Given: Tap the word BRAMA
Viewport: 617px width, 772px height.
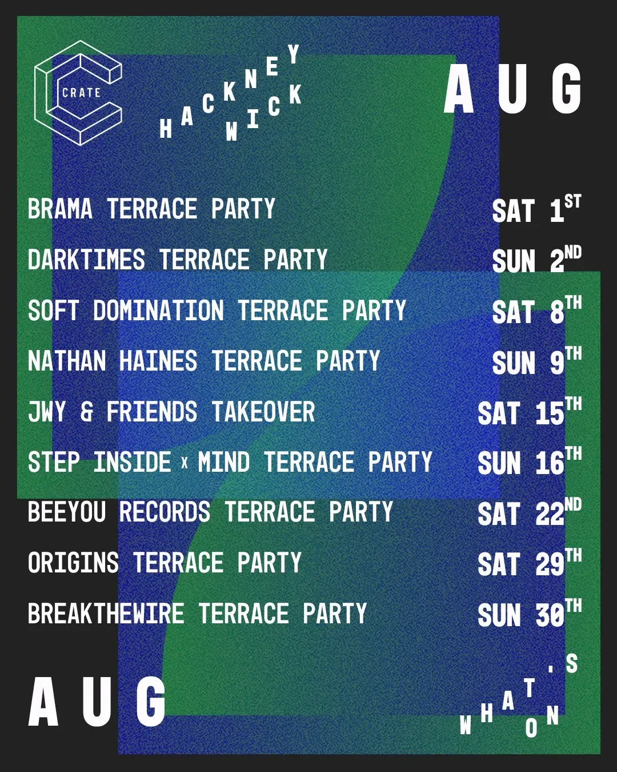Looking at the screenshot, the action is click(x=60, y=208).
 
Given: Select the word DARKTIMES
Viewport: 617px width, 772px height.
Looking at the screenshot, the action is click(x=86, y=259).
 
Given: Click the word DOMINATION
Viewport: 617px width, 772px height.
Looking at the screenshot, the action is click(x=158, y=310).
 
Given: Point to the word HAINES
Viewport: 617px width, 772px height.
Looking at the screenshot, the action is click(x=158, y=360).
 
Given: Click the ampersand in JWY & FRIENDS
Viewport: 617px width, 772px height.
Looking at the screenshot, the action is click(x=86, y=411).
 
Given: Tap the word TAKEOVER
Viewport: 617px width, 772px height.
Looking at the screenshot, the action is click(x=263, y=411).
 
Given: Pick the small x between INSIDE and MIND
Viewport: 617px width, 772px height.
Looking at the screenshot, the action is click(x=185, y=463).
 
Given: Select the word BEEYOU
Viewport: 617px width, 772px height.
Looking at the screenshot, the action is click(x=67, y=512).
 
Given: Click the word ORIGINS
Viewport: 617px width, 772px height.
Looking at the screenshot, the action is click(x=73, y=562).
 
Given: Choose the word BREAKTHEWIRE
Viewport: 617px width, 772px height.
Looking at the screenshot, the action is click(x=106, y=613).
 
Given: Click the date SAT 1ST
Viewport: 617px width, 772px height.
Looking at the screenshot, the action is click(x=536, y=209).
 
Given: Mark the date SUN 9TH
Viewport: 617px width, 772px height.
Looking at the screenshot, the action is click(x=536, y=361).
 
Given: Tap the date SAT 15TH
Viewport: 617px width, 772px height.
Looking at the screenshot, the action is click(x=530, y=412).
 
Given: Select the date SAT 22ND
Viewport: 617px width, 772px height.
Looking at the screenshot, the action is click(x=530, y=512).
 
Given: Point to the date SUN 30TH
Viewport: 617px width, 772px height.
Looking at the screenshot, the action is click(x=530, y=614).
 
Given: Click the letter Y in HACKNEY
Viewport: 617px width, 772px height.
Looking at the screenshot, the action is click(x=294, y=54).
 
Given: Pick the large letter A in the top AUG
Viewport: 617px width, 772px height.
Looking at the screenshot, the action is click(x=459, y=90).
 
